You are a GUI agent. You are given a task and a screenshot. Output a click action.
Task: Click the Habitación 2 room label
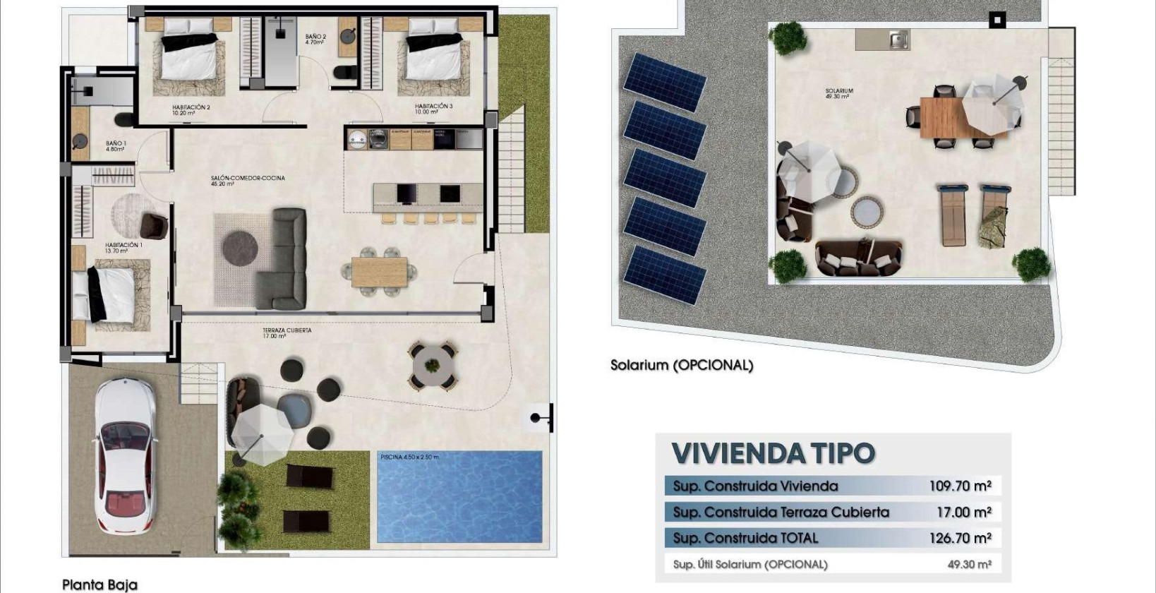tap(191, 109)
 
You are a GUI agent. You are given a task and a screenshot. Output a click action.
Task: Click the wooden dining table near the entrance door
tap(379, 272)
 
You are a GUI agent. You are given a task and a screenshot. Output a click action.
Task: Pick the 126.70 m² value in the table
tap(960, 538)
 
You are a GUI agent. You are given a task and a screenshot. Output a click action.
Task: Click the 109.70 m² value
tap(960, 486)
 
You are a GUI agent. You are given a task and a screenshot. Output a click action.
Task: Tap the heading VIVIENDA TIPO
tap(773, 453)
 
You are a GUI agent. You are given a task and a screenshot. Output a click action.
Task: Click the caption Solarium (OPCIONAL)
tap(682, 366)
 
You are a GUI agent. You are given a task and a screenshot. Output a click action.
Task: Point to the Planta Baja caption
tap(100, 585)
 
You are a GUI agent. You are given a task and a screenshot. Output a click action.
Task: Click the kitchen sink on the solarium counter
tap(898, 40)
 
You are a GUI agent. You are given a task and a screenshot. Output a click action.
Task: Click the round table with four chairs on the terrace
tap(431, 365)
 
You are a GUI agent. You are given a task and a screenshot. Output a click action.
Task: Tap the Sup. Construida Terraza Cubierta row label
tap(781, 512)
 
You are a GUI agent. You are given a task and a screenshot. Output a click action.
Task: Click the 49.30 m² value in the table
tap(969, 564)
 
